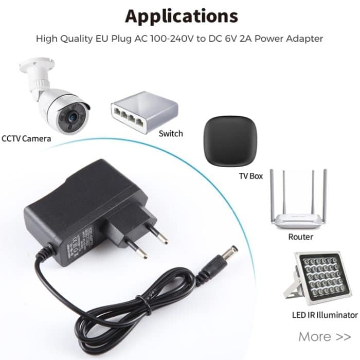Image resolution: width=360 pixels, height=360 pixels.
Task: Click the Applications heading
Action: pyautogui.click(x=182, y=16)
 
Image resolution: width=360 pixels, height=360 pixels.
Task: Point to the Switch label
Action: pyautogui.click(x=171, y=134)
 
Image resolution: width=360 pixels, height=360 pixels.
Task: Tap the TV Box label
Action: pyautogui.click(x=250, y=176)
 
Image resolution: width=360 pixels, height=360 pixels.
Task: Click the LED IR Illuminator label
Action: pyautogui.click(x=324, y=315)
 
